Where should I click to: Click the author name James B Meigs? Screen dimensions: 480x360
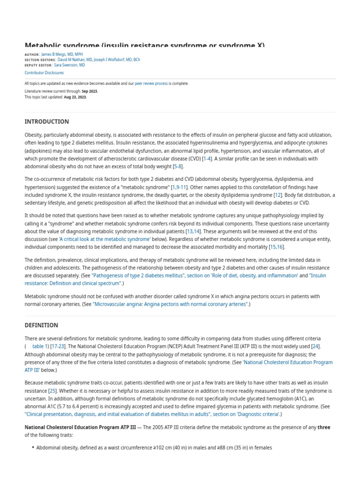62,54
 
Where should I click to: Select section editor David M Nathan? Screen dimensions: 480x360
75,60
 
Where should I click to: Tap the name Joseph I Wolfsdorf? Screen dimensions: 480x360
117,60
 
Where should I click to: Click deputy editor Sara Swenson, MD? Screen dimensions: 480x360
69,66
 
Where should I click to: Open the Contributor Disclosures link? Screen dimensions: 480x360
44,73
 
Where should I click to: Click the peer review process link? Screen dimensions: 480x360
151,83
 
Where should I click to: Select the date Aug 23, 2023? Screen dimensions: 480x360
75,97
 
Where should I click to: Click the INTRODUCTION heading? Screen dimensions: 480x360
46,121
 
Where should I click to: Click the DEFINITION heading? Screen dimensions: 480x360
41,325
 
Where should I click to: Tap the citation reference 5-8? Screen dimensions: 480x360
178,166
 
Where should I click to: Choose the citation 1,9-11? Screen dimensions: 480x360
180,187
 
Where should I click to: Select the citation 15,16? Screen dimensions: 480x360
277,247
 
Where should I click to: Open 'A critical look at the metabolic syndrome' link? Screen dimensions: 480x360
105,239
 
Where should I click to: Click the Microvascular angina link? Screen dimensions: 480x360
170,304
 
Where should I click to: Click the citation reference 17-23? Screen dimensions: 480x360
58,346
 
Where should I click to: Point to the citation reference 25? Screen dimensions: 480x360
52,390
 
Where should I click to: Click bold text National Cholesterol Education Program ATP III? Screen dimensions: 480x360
80,427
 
